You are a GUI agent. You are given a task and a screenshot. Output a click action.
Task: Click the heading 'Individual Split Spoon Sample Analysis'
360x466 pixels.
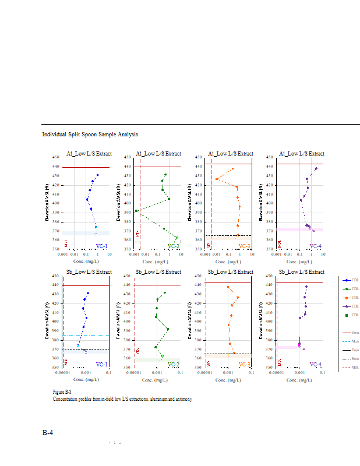(90, 135)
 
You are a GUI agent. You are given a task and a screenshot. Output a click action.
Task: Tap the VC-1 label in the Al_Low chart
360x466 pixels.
(101, 246)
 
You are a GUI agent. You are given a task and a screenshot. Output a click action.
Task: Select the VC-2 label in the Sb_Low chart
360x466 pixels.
(174, 364)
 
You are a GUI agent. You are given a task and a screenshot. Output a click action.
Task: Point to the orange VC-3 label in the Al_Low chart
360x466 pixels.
(243, 246)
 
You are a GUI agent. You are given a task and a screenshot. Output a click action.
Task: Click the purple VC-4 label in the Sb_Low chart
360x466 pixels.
(315, 364)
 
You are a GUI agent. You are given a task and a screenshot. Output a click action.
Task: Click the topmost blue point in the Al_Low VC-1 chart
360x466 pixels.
(98, 175)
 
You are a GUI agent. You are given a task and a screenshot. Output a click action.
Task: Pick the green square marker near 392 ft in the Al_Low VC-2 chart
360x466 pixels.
(136, 211)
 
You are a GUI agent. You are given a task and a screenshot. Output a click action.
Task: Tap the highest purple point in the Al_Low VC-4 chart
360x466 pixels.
(316, 168)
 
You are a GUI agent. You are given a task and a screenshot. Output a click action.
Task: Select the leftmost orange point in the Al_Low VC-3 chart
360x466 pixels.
(217, 179)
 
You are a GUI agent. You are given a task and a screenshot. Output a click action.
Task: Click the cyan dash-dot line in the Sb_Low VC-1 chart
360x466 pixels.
(87, 335)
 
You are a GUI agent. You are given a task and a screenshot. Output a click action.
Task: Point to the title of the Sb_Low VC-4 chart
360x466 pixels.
(301, 272)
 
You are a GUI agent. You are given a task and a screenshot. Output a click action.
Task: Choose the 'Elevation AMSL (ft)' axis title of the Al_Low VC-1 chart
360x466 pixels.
(48, 203)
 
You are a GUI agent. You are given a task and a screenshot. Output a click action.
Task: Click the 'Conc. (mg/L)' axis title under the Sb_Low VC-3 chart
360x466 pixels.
(228, 379)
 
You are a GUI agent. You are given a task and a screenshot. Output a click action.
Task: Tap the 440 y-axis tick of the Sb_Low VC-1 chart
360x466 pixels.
(55, 284)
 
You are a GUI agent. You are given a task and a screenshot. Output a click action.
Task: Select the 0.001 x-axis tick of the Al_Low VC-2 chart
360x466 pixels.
(135, 254)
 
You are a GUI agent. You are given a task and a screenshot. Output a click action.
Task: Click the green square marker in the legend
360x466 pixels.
(347, 315)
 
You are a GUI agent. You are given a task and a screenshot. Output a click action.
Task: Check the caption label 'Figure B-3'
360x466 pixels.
(62, 392)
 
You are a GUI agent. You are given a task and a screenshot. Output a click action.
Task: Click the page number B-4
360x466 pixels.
(48, 432)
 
